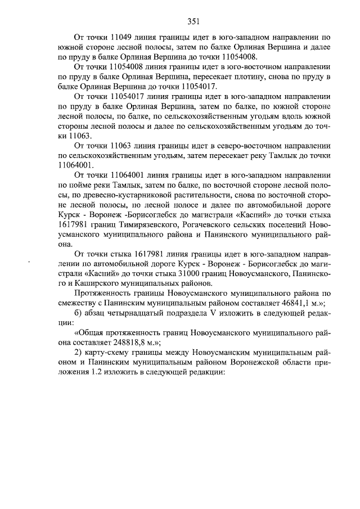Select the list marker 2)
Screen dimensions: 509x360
coord(79,353)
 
